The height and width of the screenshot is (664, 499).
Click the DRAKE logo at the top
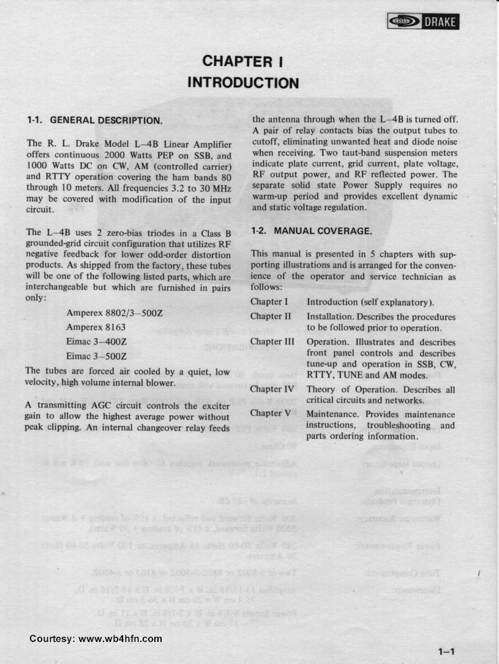coord(422,23)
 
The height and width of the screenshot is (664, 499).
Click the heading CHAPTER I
coord(242,61)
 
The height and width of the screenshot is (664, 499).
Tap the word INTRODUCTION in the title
coord(243,82)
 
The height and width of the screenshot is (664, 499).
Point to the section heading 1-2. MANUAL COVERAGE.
coord(311,231)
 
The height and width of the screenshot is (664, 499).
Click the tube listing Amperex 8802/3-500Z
coord(114,313)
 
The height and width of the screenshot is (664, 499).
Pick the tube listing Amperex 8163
coord(96,327)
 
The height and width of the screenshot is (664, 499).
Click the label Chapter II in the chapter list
coord(271,316)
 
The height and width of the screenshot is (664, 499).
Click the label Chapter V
coord(270,413)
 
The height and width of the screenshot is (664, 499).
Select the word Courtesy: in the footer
coord(52,638)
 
